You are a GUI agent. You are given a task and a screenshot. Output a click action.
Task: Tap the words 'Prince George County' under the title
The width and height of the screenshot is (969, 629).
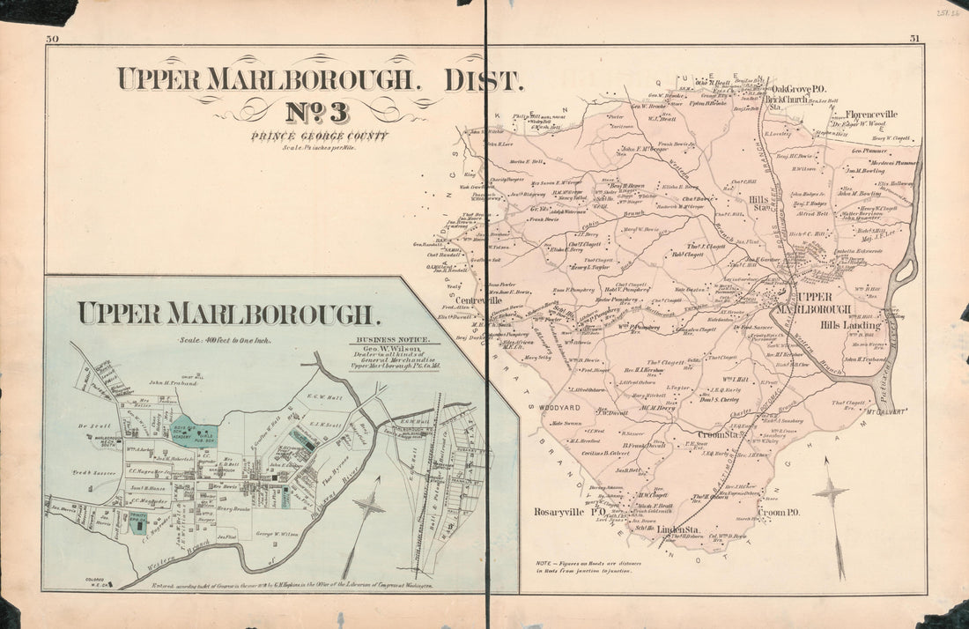coord(319,136)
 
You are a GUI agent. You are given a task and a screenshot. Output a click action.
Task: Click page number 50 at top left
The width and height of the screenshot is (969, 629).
coord(52,39)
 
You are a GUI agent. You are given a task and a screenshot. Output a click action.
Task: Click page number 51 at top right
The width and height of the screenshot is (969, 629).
coord(915,39)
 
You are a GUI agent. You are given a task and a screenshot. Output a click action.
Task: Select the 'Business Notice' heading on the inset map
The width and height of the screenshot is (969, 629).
coord(392,339)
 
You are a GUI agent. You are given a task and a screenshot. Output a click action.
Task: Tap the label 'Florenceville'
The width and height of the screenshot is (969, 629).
coord(871,115)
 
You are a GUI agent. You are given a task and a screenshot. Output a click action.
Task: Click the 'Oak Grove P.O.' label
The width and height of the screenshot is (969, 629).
coord(798,89)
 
